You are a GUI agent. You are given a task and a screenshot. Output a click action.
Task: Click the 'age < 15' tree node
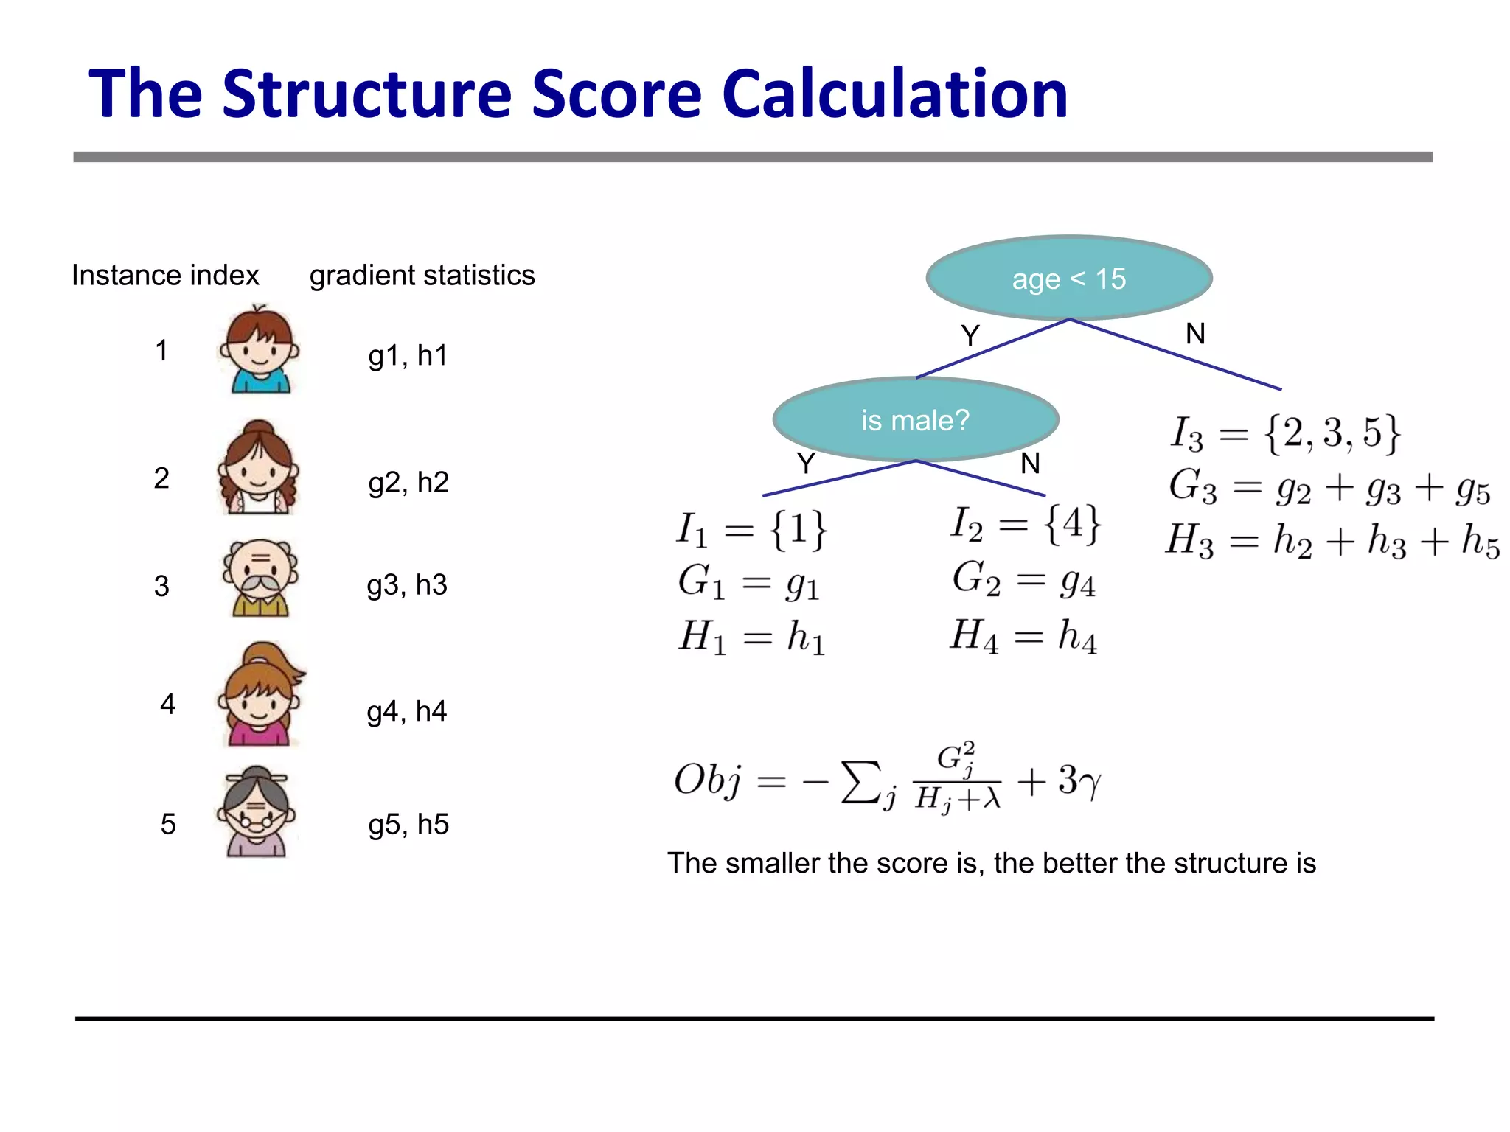1068,279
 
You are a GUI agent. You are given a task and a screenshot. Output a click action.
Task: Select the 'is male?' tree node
915,420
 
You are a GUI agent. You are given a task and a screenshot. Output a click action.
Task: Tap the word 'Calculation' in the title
894,94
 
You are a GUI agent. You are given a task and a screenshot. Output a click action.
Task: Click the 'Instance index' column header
165,276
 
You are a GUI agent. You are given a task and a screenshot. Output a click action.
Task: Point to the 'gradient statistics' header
422,276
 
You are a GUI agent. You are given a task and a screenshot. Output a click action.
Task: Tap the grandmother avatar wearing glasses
256,812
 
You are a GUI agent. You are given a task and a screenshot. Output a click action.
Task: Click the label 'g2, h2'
408,483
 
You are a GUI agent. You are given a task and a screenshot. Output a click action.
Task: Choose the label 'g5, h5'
408,824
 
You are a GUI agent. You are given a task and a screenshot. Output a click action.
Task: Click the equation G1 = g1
748,582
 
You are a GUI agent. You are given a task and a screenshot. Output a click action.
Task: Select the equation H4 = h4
1023,636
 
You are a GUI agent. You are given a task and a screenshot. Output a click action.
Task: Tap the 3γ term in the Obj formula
1079,780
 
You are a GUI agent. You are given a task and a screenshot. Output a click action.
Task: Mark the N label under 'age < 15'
1195,335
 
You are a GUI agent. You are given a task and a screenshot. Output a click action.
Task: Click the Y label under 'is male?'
806,464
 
